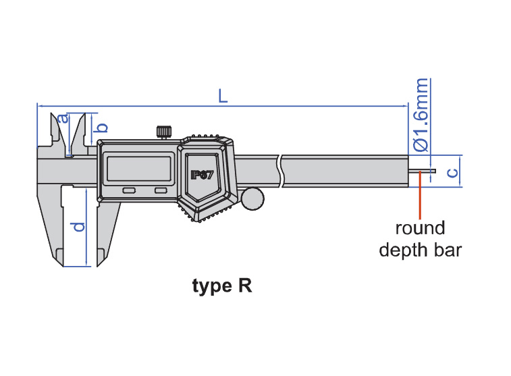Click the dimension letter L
[x=223, y=96]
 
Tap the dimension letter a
[x=63, y=119]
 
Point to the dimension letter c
[x=453, y=172]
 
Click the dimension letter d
[x=79, y=227]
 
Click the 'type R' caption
[x=222, y=286]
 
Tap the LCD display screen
[x=138, y=168]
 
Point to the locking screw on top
[x=163, y=131]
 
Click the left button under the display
[x=129, y=191]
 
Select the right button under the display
[x=161, y=191]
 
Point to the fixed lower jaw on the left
[x=51, y=223]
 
